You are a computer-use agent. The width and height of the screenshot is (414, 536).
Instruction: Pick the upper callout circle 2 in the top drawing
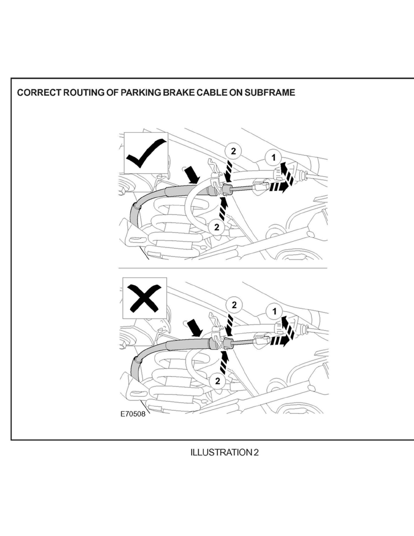233,151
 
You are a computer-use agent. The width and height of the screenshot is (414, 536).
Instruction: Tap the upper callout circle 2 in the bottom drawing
234,305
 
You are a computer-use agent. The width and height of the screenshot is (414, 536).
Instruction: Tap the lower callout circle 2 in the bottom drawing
218,381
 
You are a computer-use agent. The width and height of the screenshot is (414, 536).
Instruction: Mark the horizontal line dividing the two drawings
222,268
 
